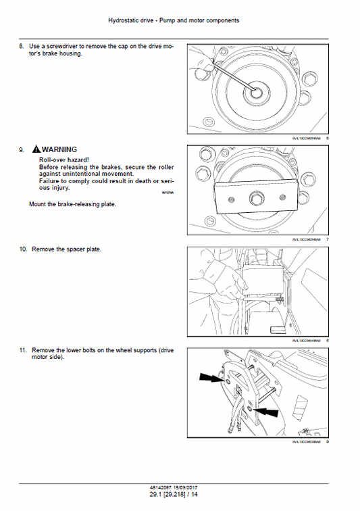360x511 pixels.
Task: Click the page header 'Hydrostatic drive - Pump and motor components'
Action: [174, 21]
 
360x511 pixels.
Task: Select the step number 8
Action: [21, 47]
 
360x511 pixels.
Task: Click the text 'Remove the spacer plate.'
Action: [67, 249]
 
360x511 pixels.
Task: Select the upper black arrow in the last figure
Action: [212, 379]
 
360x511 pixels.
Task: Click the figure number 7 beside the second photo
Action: [327, 239]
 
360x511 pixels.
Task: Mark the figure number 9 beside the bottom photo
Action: [327, 441]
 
